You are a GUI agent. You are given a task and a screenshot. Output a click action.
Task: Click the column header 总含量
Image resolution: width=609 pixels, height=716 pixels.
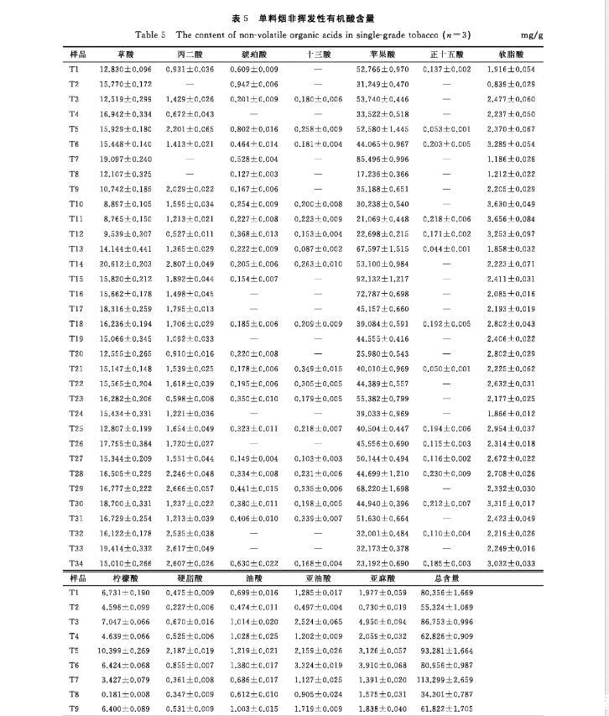446,578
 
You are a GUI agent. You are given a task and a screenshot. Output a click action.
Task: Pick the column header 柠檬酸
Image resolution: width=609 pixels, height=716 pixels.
126,578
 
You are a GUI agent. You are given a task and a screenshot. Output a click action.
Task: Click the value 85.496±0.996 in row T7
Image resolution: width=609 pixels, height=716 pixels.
383,159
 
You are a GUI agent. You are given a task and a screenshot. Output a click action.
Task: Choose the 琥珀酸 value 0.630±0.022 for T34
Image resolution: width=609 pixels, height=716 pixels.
254,562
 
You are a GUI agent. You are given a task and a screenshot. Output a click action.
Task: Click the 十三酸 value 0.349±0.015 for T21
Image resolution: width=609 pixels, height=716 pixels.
319,368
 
